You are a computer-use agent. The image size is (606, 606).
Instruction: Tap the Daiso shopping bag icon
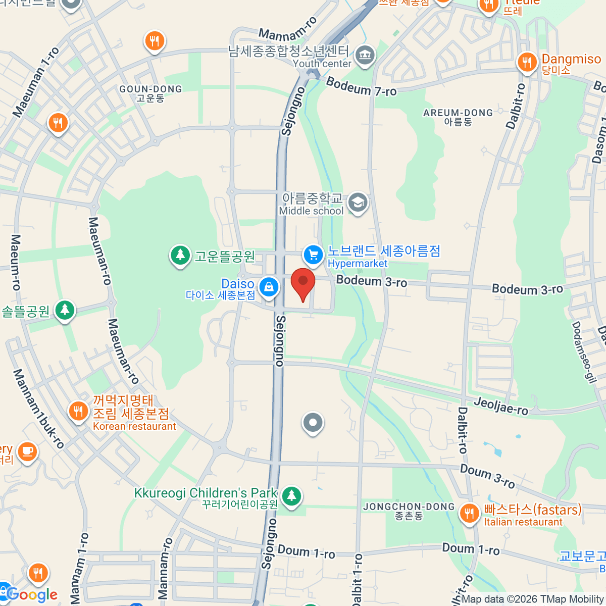[x=269, y=287]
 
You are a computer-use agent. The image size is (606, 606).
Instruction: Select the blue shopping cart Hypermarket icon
[x=313, y=254]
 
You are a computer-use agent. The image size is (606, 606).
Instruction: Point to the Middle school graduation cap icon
[x=358, y=203]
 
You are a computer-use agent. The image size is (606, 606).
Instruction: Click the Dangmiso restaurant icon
[x=527, y=63]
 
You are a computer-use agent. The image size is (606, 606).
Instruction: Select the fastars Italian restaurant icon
[x=469, y=514]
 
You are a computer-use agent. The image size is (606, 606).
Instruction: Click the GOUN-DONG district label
[x=150, y=93]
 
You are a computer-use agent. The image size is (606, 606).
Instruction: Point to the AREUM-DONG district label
[x=458, y=117]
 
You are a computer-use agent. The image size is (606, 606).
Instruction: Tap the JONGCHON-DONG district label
[x=409, y=511]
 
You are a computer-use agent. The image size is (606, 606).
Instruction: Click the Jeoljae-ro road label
[x=501, y=406]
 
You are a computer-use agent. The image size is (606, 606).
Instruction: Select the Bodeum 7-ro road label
[x=361, y=87]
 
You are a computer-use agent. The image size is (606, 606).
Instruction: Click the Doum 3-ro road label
[x=487, y=476]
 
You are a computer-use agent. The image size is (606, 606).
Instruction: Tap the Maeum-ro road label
[x=16, y=262]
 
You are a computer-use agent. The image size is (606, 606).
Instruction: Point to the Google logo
[x=31, y=594]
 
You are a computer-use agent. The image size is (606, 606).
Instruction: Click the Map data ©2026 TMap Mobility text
[x=533, y=599]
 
